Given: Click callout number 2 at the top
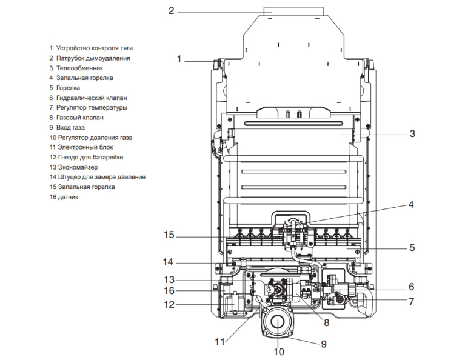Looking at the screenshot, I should tap(172, 10).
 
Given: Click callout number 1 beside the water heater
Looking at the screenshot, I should tap(179, 59).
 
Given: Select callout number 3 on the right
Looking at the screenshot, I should tap(412, 133).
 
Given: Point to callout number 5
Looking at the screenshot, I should tap(412, 247).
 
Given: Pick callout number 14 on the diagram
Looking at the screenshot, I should tap(169, 262).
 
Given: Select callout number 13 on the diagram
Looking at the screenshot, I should tap(169, 280).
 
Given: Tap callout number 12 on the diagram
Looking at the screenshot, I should tap(169, 304).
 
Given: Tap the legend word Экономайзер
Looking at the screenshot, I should tap(78, 167).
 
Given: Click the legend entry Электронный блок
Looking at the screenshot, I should tap(85, 147).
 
